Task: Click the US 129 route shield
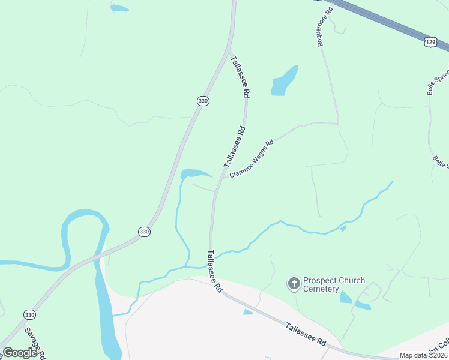point(430,41)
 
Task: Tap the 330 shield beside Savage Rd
point(29,314)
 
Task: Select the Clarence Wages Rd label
point(251,158)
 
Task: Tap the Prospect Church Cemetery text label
point(334,284)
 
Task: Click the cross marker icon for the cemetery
point(294,283)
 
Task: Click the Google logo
point(20,352)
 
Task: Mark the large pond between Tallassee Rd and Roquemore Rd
point(283,81)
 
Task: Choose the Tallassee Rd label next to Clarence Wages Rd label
point(235,146)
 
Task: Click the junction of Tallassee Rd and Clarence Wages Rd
point(223,178)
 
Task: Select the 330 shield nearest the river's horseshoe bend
point(143,231)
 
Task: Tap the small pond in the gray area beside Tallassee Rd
point(248,312)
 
